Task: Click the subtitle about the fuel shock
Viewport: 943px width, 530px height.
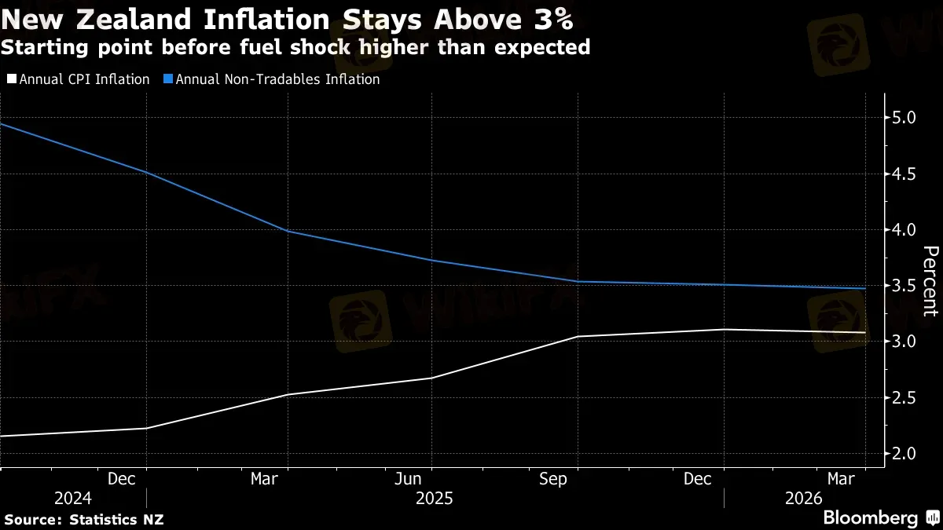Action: click(295, 48)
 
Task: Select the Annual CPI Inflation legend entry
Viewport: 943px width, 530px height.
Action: click(78, 79)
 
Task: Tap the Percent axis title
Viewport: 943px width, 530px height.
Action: click(930, 280)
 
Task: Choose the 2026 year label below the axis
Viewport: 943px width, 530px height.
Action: click(802, 499)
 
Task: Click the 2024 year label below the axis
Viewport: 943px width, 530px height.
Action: click(72, 499)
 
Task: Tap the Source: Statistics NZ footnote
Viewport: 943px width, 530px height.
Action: click(83, 519)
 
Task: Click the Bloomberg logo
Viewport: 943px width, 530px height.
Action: click(870, 518)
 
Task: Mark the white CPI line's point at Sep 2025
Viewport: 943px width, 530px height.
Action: click(578, 336)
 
